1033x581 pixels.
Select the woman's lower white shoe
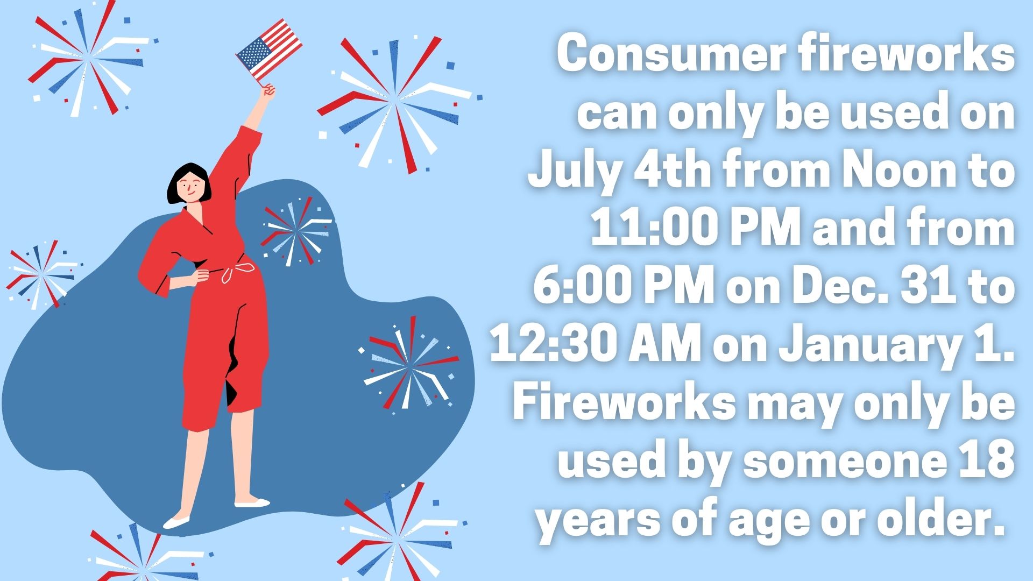tap(176, 522)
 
